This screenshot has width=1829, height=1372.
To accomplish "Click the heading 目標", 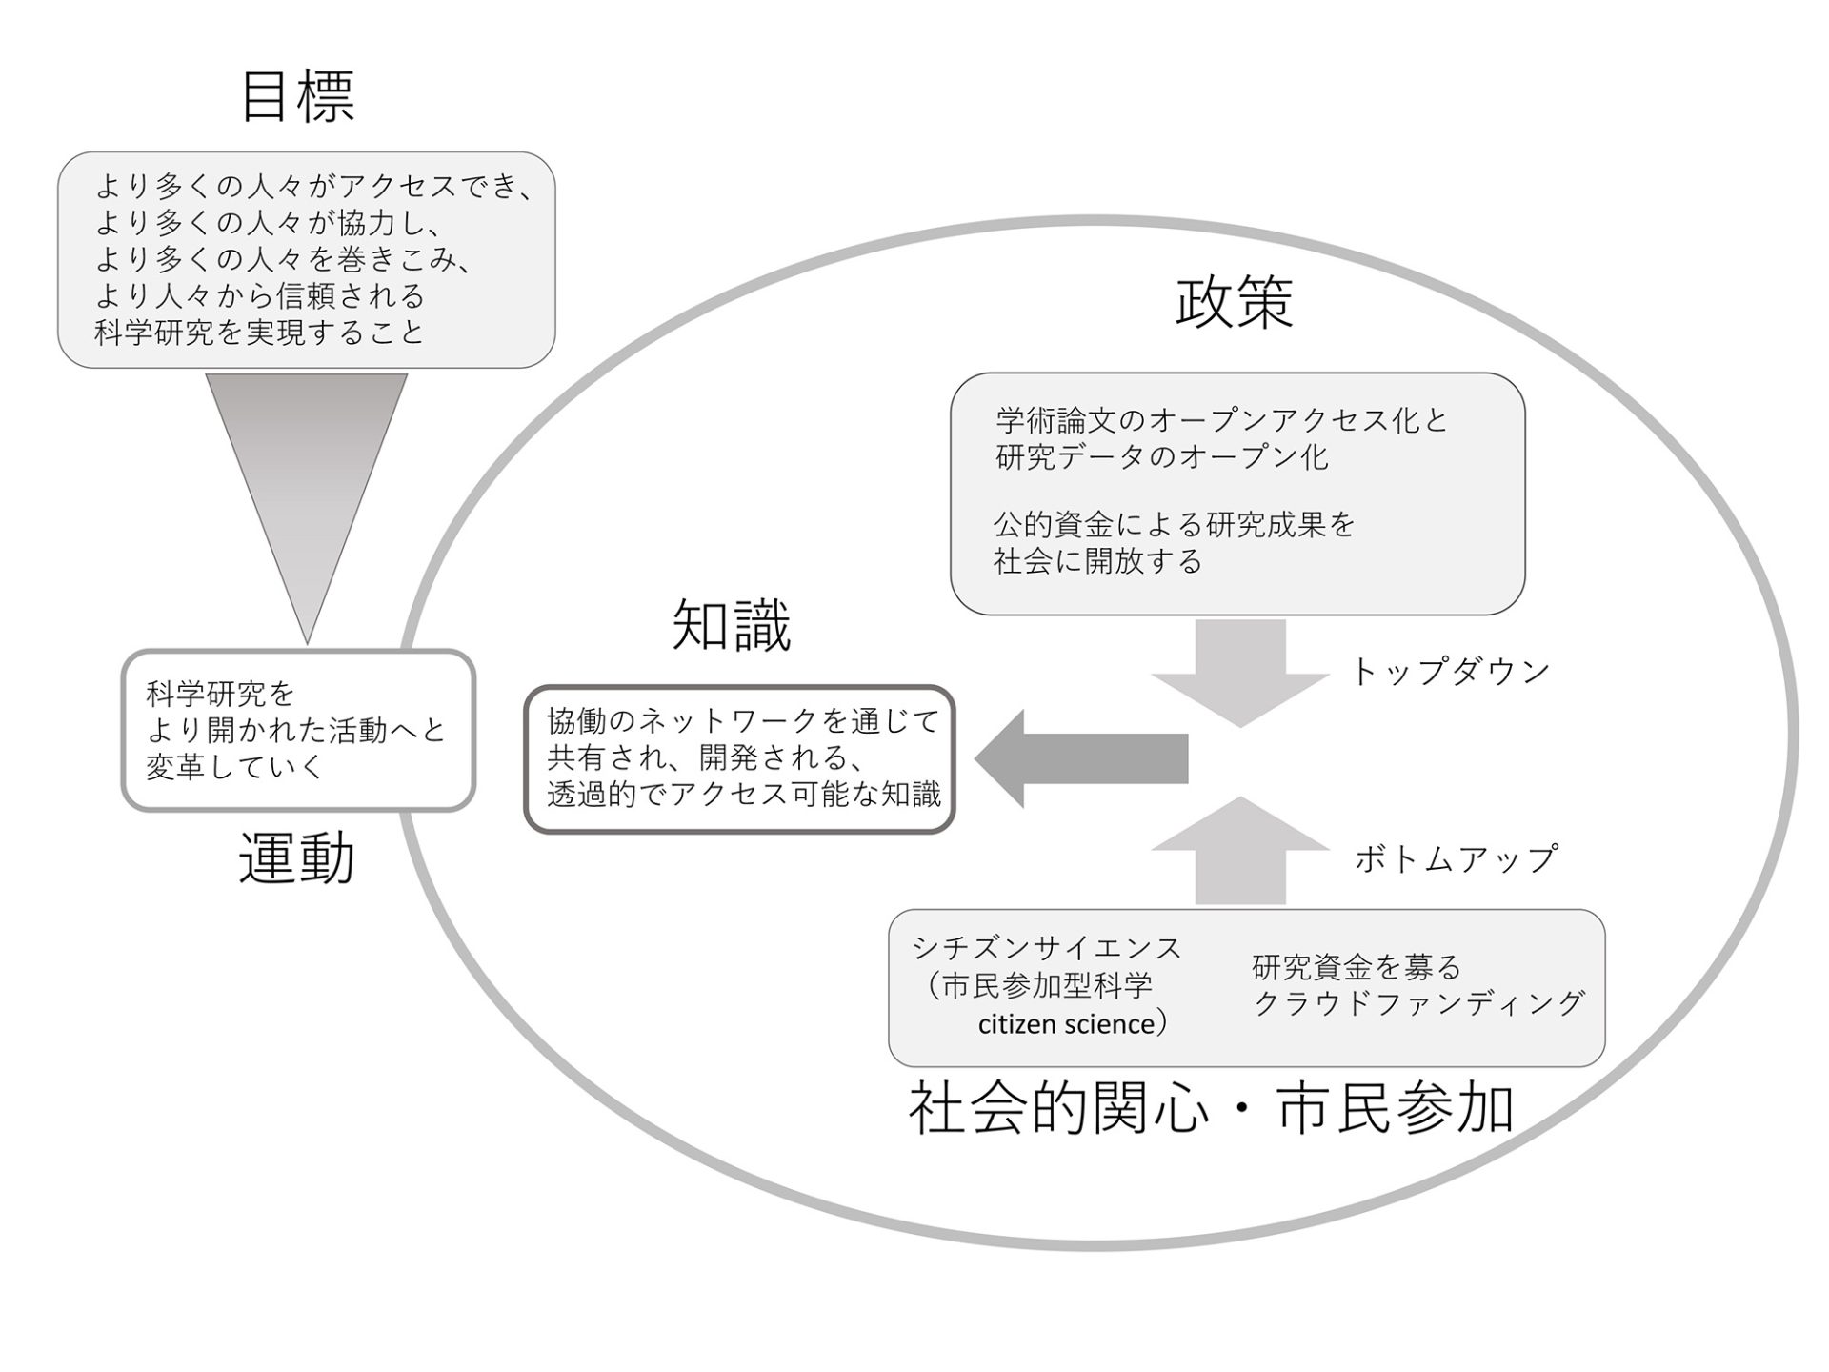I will pyautogui.click(x=298, y=96).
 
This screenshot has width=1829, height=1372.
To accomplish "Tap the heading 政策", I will pyautogui.click(x=1235, y=302).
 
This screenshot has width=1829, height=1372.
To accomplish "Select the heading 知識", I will pyautogui.click(x=732, y=626).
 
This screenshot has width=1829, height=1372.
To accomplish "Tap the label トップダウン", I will pyautogui.click(x=1451, y=671).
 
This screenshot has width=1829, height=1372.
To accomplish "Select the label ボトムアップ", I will pyautogui.click(x=1456, y=858).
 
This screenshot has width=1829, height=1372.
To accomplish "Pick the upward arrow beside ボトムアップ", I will pyautogui.click(x=1240, y=850).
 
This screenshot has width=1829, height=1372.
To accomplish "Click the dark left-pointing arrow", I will pyautogui.click(x=1081, y=759).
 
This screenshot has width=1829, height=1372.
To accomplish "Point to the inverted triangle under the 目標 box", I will pyautogui.click(x=307, y=486).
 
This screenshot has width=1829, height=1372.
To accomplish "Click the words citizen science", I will pyautogui.click(x=1067, y=1024).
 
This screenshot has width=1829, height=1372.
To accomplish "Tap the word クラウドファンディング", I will pyautogui.click(x=1418, y=1003).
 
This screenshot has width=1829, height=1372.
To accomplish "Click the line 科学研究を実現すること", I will pyautogui.click(x=259, y=333).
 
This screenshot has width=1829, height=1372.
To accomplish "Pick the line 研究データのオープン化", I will pyautogui.click(x=1162, y=457).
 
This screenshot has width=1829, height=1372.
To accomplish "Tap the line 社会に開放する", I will pyautogui.click(x=1098, y=560).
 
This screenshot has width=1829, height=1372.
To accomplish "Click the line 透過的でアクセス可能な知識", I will pyautogui.click(x=744, y=794).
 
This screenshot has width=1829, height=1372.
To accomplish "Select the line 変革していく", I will pyautogui.click(x=235, y=767).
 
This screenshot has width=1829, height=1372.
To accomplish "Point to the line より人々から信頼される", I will pyautogui.click(x=260, y=296).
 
